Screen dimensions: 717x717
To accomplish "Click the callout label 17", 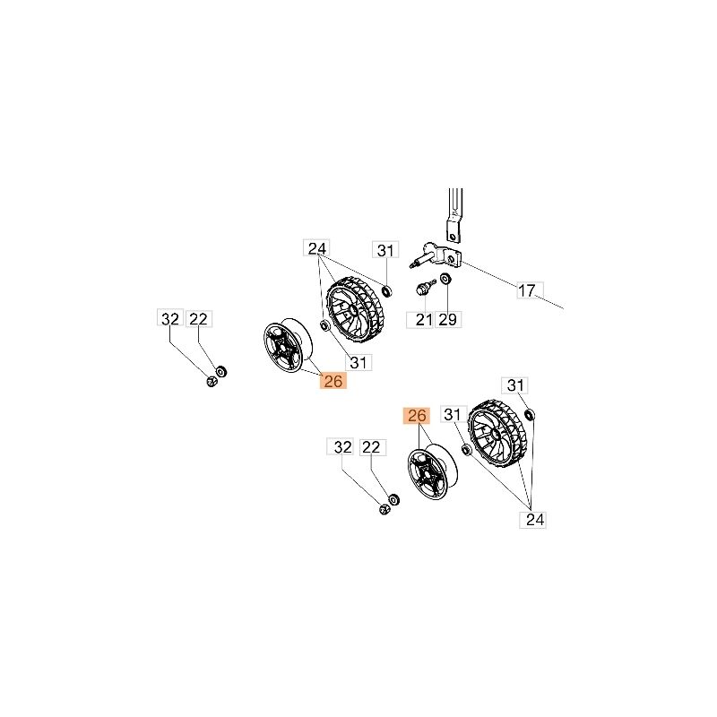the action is tap(530, 290).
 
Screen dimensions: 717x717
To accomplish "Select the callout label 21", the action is tap(419, 320).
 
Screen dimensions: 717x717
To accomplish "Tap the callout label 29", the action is tap(448, 320).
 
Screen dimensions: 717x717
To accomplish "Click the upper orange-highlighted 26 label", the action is tap(333, 380).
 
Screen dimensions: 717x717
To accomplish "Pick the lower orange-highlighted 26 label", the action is tap(417, 416).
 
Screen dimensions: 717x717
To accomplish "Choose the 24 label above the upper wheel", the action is tap(317, 248).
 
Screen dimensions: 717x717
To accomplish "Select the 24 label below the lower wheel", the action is tap(533, 520).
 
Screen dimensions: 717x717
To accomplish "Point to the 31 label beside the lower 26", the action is tap(454, 414).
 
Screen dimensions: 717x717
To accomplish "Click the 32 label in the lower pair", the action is tap(341, 446).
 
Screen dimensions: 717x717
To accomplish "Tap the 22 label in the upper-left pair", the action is tap(199, 318).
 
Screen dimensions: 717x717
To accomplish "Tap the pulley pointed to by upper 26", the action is tap(288, 346).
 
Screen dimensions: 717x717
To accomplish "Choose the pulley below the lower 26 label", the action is tap(432, 471).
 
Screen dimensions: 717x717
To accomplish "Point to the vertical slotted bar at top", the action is tap(455, 215).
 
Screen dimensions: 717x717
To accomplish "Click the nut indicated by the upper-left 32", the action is tap(212, 382).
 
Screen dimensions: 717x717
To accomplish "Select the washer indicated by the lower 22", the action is tap(393, 499).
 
